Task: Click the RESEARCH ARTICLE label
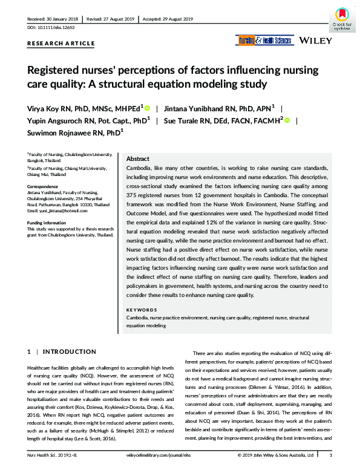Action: pyautogui.click(x=61, y=44)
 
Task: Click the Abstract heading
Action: pyautogui.click(x=138, y=158)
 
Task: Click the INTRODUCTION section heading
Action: pyautogui.click(x=70, y=351)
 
